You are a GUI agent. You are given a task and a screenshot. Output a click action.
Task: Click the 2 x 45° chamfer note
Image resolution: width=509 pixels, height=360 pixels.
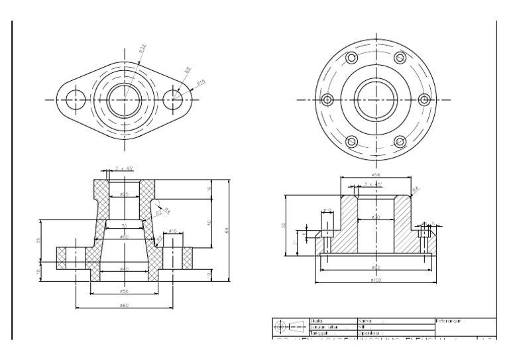124,169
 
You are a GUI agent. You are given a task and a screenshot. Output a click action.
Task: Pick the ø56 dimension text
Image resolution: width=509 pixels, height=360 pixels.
124,291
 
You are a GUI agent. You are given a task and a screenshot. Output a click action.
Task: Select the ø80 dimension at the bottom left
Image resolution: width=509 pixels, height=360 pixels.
124,305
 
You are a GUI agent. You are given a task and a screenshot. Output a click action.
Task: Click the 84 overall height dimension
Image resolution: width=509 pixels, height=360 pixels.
227,231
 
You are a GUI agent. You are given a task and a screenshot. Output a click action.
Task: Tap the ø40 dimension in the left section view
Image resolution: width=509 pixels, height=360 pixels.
124,269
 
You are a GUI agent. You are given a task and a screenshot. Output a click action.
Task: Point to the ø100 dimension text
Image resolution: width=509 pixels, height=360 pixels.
376,280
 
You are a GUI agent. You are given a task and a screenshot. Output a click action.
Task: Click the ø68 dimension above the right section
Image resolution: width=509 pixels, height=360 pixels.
376,175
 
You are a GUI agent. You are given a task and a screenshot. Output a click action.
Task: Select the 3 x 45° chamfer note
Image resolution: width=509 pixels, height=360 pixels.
374,184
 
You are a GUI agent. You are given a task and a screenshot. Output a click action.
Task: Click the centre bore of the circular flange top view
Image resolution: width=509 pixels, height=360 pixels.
376,99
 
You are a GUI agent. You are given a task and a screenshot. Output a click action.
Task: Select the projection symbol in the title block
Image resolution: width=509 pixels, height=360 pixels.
290,327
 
